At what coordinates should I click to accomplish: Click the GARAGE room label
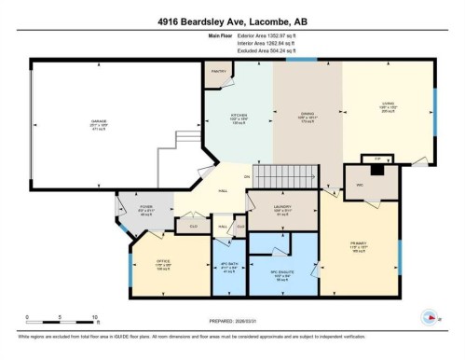pyautogui.click(x=97, y=122)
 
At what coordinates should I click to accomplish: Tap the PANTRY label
pyautogui.click(x=220, y=72)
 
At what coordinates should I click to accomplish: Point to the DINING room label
pyautogui.click(x=306, y=118)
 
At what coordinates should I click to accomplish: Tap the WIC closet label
pyautogui.click(x=359, y=185)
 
